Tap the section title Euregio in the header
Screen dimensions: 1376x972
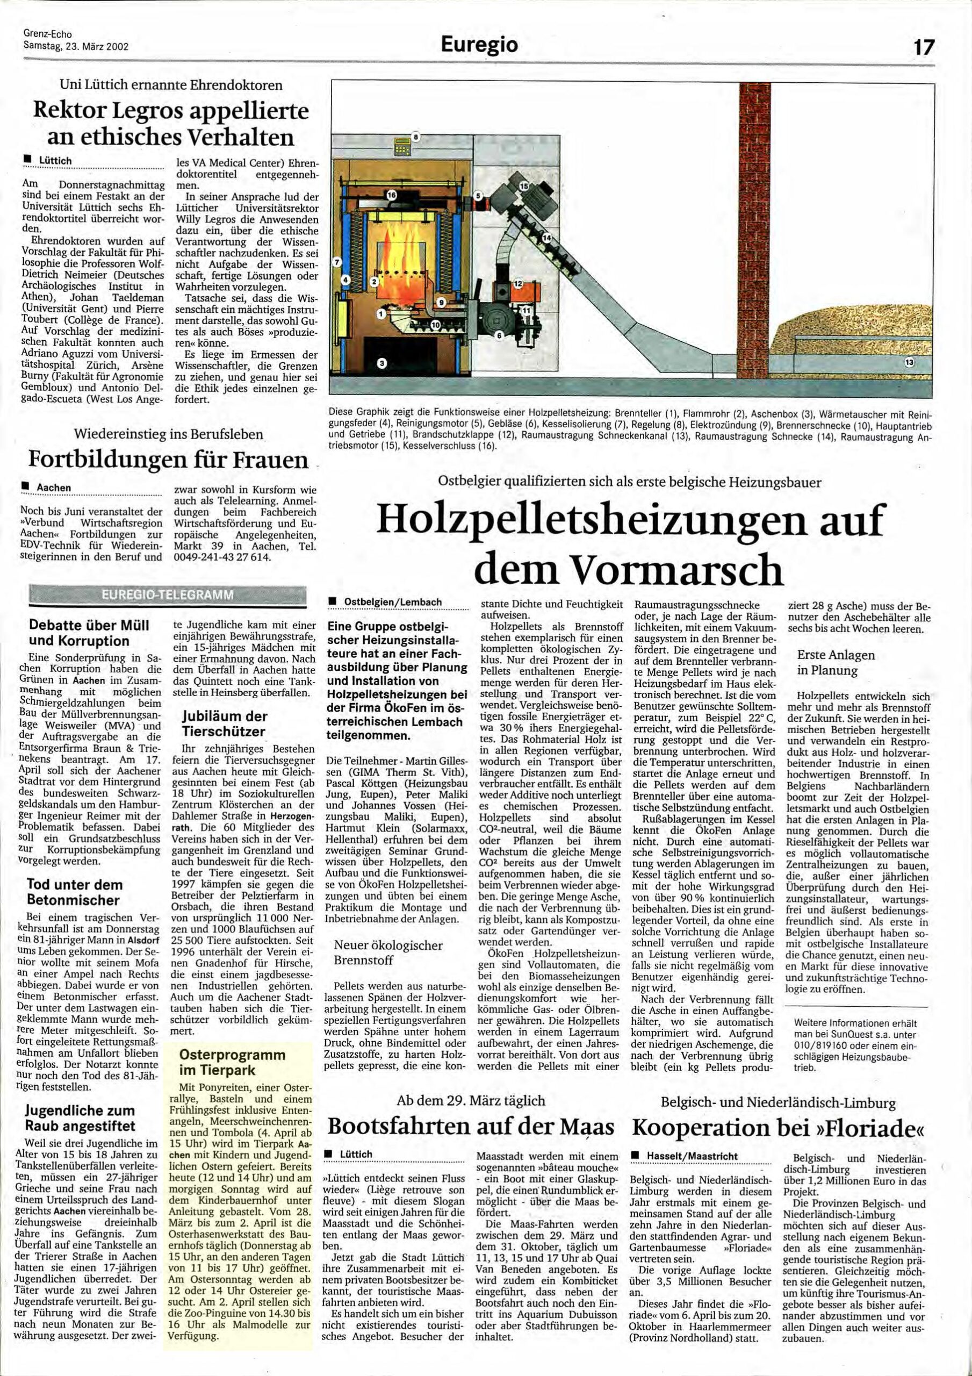coord(479,45)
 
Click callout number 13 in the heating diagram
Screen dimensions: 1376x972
coord(910,363)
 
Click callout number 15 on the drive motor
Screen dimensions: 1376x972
coord(524,187)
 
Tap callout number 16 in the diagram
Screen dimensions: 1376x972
coord(391,195)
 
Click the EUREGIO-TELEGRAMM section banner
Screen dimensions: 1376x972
coord(168,596)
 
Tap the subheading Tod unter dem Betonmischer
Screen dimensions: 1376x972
coord(74,892)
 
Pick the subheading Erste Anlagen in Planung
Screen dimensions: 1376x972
coord(836,662)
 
